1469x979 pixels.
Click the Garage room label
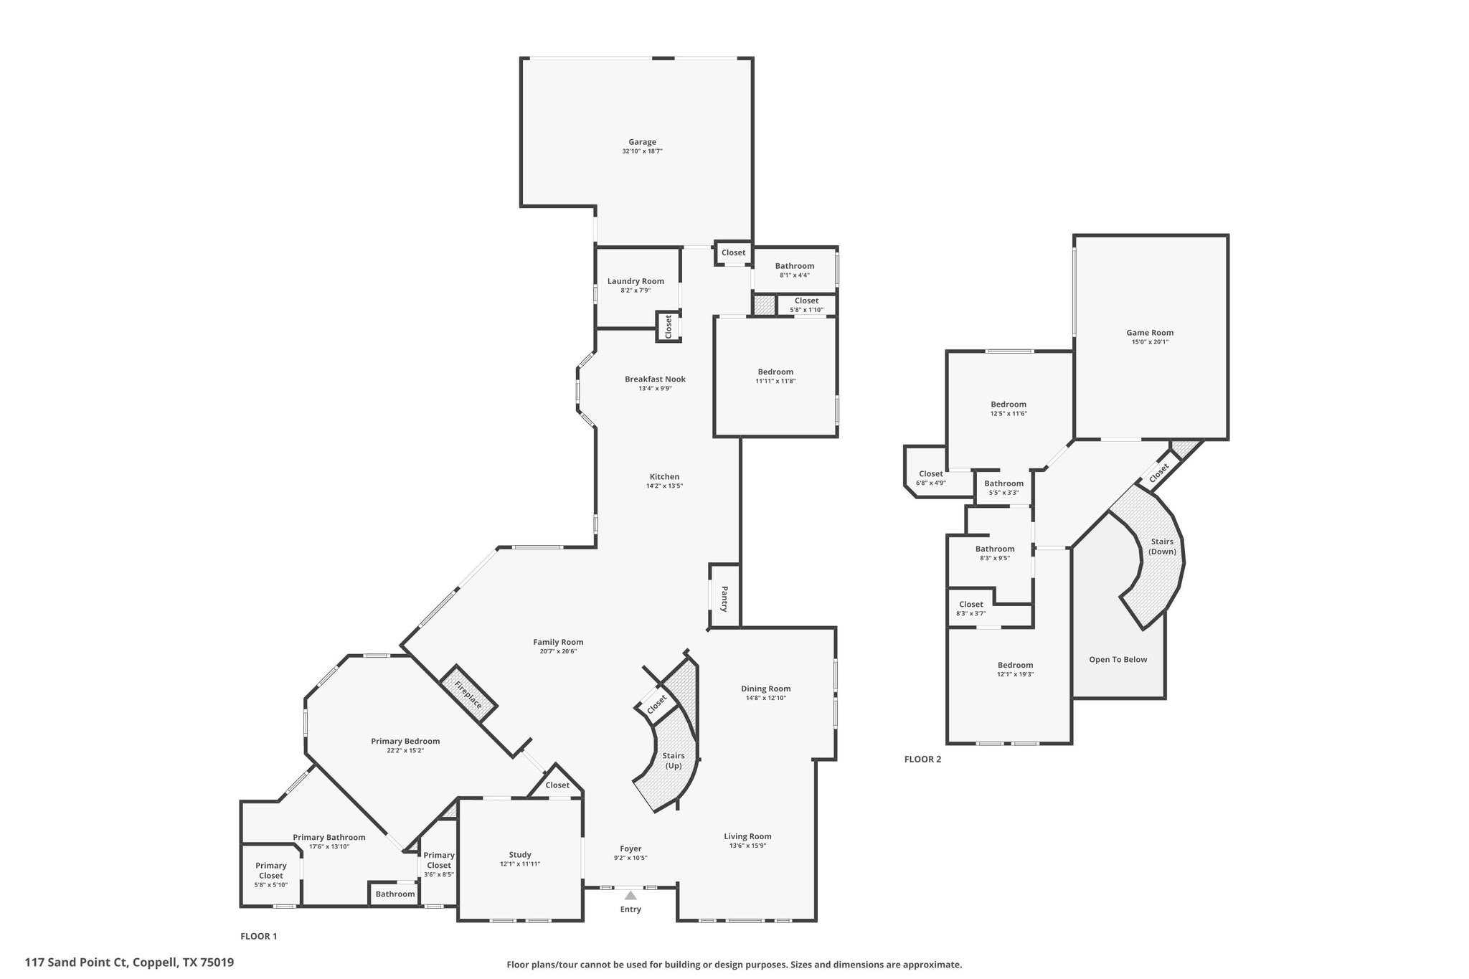(x=642, y=142)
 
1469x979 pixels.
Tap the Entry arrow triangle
(x=630, y=895)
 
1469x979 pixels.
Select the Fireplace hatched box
(x=468, y=694)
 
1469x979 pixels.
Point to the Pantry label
(x=724, y=598)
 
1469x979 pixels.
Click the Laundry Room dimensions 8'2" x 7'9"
(x=636, y=290)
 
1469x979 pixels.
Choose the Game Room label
(x=1150, y=333)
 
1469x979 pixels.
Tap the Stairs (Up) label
(x=673, y=760)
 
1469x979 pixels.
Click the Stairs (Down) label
(x=1162, y=547)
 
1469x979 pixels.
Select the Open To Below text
(x=1118, y=660)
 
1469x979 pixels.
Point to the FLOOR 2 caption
(x=922, y=760)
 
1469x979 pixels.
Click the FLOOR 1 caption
(x=258, y=936)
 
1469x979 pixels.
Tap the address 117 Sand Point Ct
(x=129, y=963)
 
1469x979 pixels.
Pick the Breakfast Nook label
(x=655, y=379)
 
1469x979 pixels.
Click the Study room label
(x=520, y=855)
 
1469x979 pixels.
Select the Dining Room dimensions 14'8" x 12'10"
(x=766, y=698)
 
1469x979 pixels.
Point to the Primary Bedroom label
(x=405, y=742)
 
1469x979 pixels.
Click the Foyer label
(x=630, y=849)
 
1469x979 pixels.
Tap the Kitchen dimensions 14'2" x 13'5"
(x=664, y=486)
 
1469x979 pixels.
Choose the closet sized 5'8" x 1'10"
(x=806, y=305)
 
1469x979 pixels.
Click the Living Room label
(x=747, y=836)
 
